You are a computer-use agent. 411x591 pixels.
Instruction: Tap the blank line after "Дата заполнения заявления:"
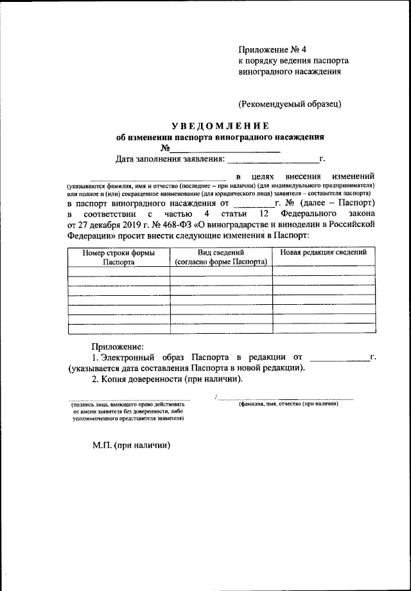click(x=272, y=159)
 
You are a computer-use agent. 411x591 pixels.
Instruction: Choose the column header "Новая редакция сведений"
click(x=323, y=253)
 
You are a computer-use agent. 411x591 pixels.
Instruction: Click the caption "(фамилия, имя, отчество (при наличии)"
click(x=288, y=403)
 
